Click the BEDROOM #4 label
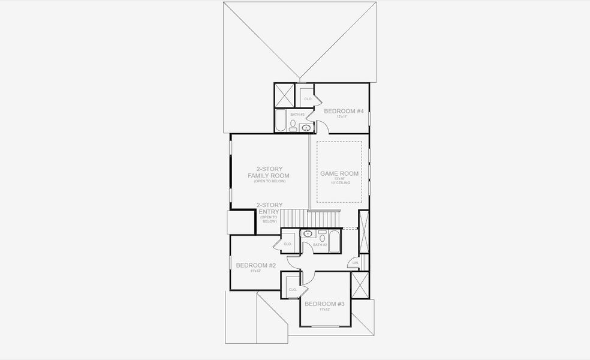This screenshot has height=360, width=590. pos(344,111)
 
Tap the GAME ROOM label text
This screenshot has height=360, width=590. pos(339,173)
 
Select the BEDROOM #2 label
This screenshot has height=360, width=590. pos(255,265)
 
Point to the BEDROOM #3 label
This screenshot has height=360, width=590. pos(324,304)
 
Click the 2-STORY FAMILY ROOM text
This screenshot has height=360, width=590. pos(269,172)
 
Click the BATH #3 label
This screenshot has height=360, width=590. pos(297,114)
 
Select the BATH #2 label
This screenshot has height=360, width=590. pos(320,245)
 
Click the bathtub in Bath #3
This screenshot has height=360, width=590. pos(281,121)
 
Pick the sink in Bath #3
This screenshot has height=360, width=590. pos(307,128)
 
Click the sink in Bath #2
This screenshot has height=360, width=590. pos(308,233)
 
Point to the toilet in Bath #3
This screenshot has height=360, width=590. pos(293,124)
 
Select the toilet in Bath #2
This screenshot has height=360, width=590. pos(322,237)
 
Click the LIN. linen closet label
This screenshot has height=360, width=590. pos(355,263)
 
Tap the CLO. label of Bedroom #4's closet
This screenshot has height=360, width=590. pos(308,98)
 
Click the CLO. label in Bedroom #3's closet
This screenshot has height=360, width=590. pos(293,289)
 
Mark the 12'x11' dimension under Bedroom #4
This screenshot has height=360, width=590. pos(342,116)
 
